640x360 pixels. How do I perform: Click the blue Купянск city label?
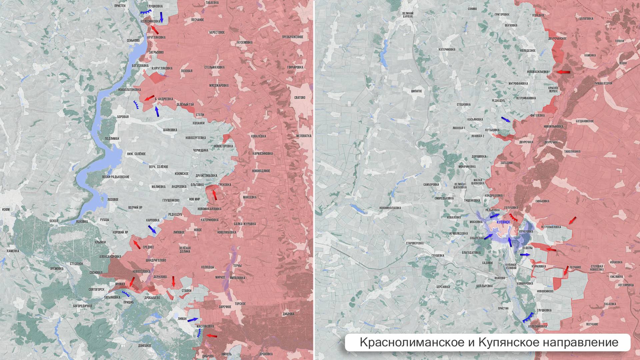503,222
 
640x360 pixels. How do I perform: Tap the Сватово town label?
300,98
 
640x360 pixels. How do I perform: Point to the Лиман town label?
182,319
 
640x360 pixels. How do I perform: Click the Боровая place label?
123,117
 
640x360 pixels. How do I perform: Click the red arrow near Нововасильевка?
564,72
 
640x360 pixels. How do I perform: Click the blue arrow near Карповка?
152,229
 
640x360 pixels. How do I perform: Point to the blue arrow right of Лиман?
193,320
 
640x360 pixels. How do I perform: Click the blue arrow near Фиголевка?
506,119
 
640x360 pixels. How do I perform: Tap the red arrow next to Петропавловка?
572,220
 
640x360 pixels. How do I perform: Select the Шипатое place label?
417,91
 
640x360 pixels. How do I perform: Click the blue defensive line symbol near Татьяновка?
126,293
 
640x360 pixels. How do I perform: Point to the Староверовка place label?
414,243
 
